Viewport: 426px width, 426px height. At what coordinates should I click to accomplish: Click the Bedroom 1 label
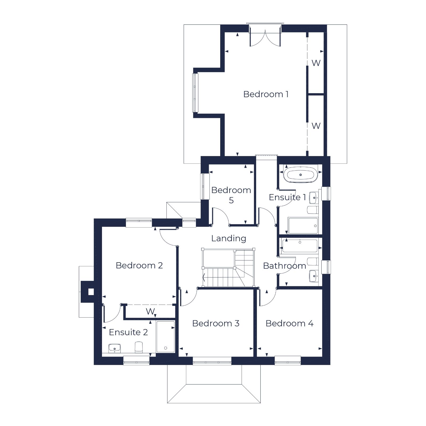pyautogui.click(x=266, y=94)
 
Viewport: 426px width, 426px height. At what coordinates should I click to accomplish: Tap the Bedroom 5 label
pyautogui.click(x=231, y=195)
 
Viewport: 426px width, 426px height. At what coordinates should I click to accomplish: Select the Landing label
pyautogui.click(x=228, y=238)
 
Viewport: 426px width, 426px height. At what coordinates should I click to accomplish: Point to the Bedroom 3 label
pyautogui.click(x=216, y=323)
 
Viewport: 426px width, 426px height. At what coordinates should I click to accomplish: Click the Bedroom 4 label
pyautogui.click(x=289, y=323)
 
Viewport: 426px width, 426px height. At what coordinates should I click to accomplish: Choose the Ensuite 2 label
pyautogui.click(x=128, y=332)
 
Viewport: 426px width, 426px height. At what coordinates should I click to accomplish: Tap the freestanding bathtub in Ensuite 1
pyautogui.click(x=300, y=175)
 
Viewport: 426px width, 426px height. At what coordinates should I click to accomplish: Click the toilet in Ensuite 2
pyautogui.click(x=139, y=347)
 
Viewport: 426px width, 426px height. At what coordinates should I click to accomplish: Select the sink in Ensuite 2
pyautogui.click(x=114, y=348)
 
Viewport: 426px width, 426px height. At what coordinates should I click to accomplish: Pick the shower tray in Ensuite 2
pyautogui.click(x=165, y=337)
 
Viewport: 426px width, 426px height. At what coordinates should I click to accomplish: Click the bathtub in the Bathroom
pyautogui.click(x=300, y=246)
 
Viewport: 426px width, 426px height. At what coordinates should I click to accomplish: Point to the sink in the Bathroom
pyautogui.click(x=314, y=276)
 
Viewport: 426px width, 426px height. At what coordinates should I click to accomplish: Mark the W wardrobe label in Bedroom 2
pyautogui.click(x=150, y=311)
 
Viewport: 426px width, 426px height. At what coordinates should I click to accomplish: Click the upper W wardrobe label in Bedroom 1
pyautogui.click(x=316, y=63)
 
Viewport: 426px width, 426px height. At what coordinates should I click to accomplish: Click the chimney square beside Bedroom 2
pyautogui.click(x=91, y=292)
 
